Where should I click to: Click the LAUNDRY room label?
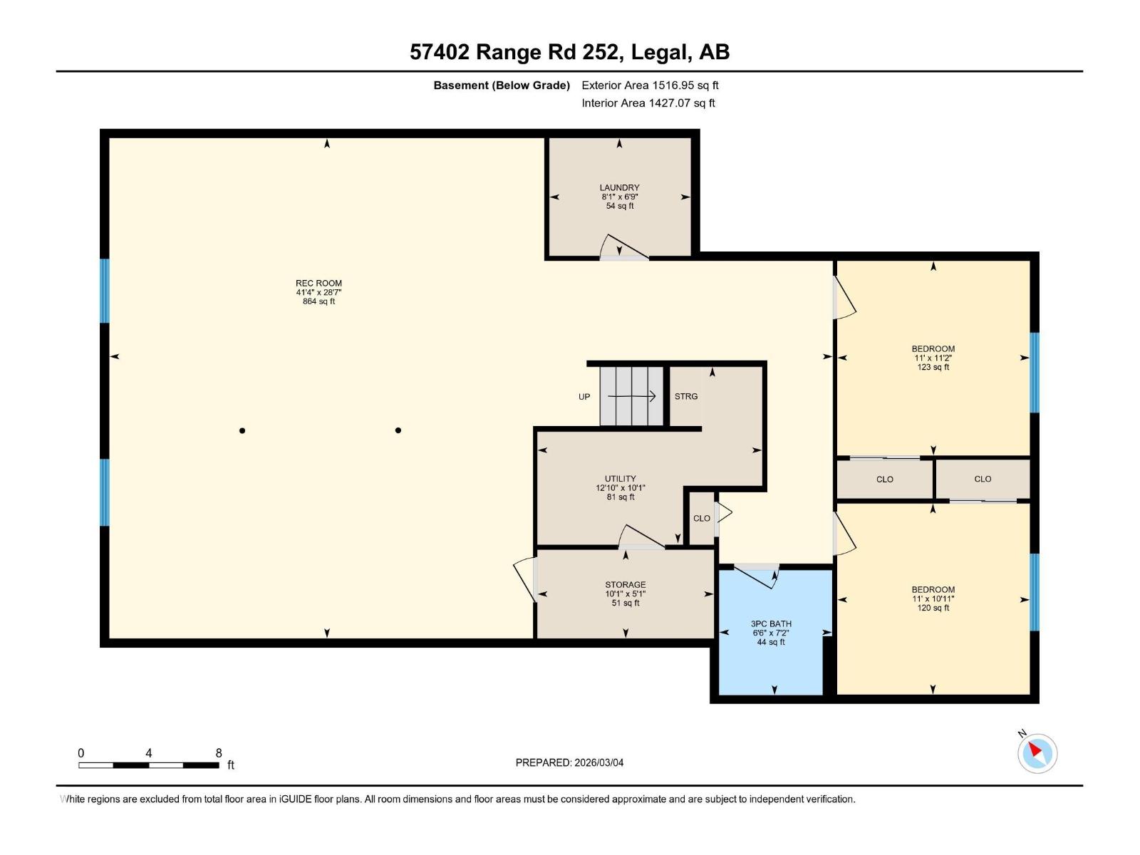coord(619,188)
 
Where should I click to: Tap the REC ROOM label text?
coord(318,284)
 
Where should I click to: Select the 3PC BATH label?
coord(771,624)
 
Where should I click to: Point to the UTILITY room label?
coord(620,480)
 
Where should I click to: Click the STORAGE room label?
coord(625,585)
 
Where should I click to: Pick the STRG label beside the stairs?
coord(686,397)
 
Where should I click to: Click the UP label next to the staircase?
coord(584,397)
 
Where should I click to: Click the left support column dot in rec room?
coord(242,430)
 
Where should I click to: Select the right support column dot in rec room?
coord(398,430)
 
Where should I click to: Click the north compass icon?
coord(1037,752)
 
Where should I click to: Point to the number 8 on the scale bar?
coord(219,753)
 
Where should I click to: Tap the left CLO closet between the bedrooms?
coord(884,480)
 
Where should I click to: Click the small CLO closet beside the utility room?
coord(701,519)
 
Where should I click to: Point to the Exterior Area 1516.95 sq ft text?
coord(650,85)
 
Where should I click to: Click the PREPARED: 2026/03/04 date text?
coord(569,762)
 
